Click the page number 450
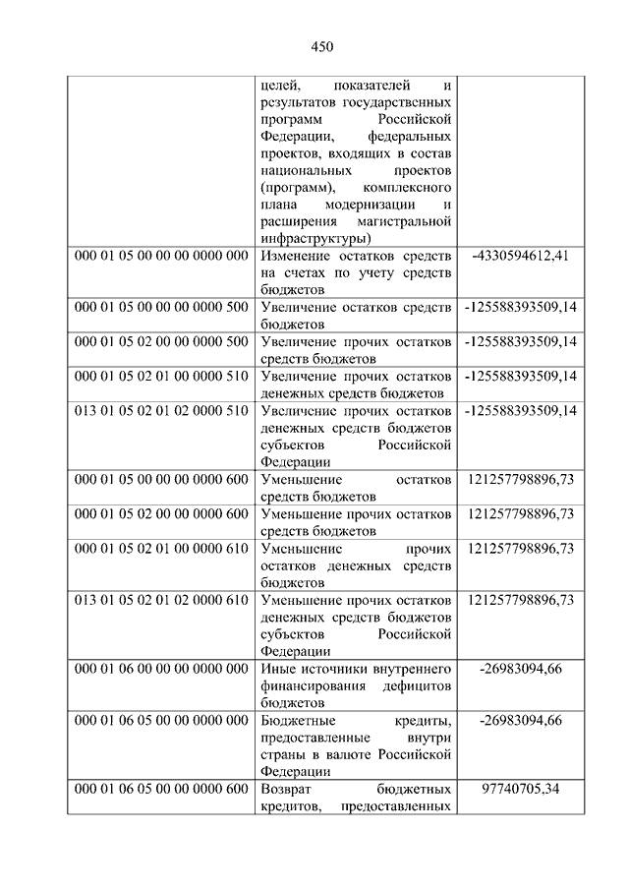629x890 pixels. [x=322, y=47]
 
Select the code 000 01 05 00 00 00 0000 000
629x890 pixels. [x=161, y=256]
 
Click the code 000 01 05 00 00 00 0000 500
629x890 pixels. [x=161, y=307]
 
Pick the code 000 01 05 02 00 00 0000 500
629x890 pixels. [x=161, y=341]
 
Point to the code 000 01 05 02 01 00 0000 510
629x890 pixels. [x=161, y=376]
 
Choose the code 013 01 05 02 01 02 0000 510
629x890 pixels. [x=161, y=410]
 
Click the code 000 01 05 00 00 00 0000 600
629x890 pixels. [x=161, y=479]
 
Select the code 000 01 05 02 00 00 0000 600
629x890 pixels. [x=161, y=513]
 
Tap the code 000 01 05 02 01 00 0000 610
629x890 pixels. [x=161, y=548]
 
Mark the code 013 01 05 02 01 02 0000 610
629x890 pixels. [x=161, y=599]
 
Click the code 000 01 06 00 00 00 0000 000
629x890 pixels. [x=161, y=669]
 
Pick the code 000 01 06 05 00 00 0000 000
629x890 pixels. [x=161, y=720]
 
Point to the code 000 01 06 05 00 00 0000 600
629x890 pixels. [x=161, y=789]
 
